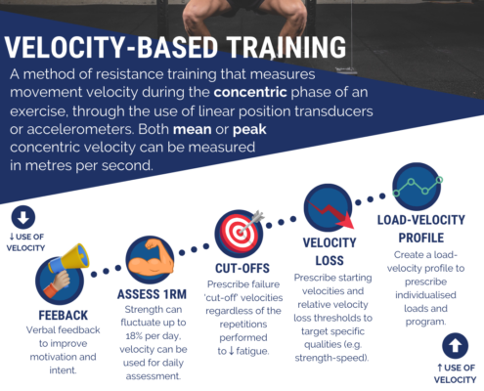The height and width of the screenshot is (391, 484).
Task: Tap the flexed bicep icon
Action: (x=150, y=260)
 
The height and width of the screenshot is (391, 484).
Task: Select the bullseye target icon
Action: (x=240, y=233)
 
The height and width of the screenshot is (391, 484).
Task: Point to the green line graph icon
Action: (x=418, y=186)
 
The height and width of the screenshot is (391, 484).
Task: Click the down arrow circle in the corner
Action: (x=23, y=217)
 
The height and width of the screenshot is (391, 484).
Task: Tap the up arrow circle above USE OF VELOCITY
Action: (x=455, y=346)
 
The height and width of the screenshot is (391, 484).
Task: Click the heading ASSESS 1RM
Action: (x=152, y=294)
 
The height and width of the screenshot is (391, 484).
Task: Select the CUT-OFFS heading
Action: (x=242, y=269)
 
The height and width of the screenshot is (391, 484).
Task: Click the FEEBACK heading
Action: (x=64, y=316)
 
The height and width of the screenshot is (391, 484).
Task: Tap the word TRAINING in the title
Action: (x=286, y=47)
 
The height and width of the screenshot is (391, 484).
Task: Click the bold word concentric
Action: (x=250, y=92)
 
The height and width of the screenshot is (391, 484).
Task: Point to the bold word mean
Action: (x=192, y=130)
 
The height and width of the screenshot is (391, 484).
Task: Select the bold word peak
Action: (x=249, y=130)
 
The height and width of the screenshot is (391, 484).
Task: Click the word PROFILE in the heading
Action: (x=421, y=238)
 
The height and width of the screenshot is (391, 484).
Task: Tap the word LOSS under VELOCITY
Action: (x=330, y=261)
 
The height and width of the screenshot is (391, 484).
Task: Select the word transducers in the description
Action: (x=333, y=111)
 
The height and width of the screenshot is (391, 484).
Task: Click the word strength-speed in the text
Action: (x=330, y=358)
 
